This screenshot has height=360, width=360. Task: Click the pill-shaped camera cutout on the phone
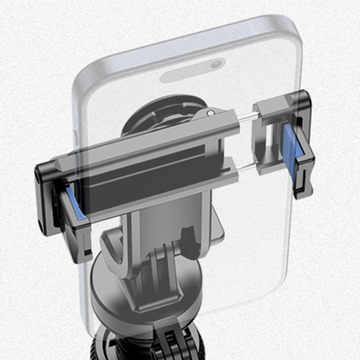tap(191, 70)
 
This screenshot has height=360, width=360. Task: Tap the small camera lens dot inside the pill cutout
tap(217, 63)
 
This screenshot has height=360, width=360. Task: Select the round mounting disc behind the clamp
tap(160, 120)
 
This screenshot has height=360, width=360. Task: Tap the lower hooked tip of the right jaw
tap(299, 190)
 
